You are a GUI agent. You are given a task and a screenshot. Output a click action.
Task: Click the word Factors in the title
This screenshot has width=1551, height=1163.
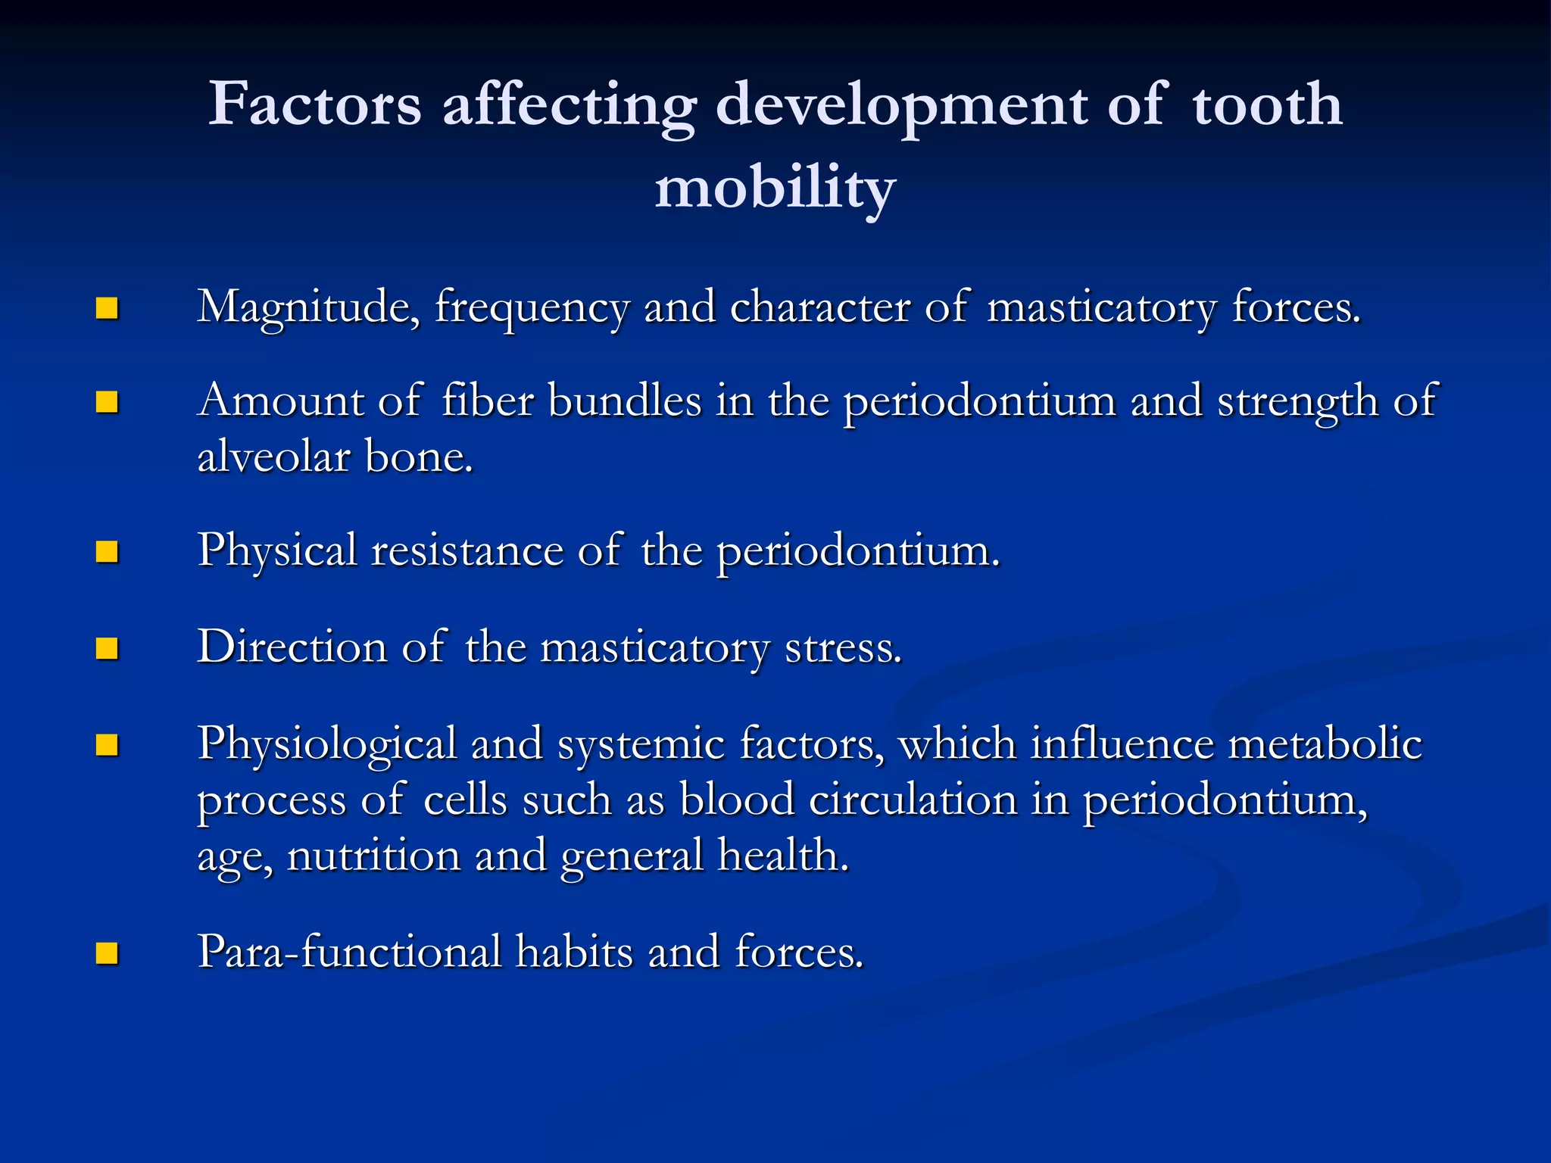pyautogui.click(x=314, y=104)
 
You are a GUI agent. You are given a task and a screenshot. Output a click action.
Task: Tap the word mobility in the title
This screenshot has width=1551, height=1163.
pyautogui.click(x=775, y=188)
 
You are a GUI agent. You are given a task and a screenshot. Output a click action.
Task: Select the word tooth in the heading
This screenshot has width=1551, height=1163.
pyautogui.click(x=1267, y=104)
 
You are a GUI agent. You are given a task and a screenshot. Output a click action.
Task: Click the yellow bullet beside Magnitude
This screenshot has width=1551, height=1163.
pyautogui.click(x=108, y=308)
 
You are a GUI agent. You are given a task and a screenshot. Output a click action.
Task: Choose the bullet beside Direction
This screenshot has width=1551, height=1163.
pyautogui.click(x=108, y=648)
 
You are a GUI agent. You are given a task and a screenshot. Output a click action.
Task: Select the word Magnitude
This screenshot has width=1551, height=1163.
pyautogui.click(x=308, y=308)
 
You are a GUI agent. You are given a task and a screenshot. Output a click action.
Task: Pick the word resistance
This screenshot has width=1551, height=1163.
pyautogui.click(x=467, y=550)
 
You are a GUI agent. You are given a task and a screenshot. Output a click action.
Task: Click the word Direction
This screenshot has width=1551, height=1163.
pyautogui.click(x=292, y=647)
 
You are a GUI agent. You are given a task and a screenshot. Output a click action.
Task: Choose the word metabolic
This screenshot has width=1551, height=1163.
pyautogui.click(x=1325, y=744)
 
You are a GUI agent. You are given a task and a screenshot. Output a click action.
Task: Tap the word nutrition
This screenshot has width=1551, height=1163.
pyautogui.click(x=374, y=856)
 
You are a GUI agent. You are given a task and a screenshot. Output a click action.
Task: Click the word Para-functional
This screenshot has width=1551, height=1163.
pyautogui.click(x=349, y=951)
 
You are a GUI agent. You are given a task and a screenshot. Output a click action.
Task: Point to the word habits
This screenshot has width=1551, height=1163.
pyautogui.click(x=573, y=951)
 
